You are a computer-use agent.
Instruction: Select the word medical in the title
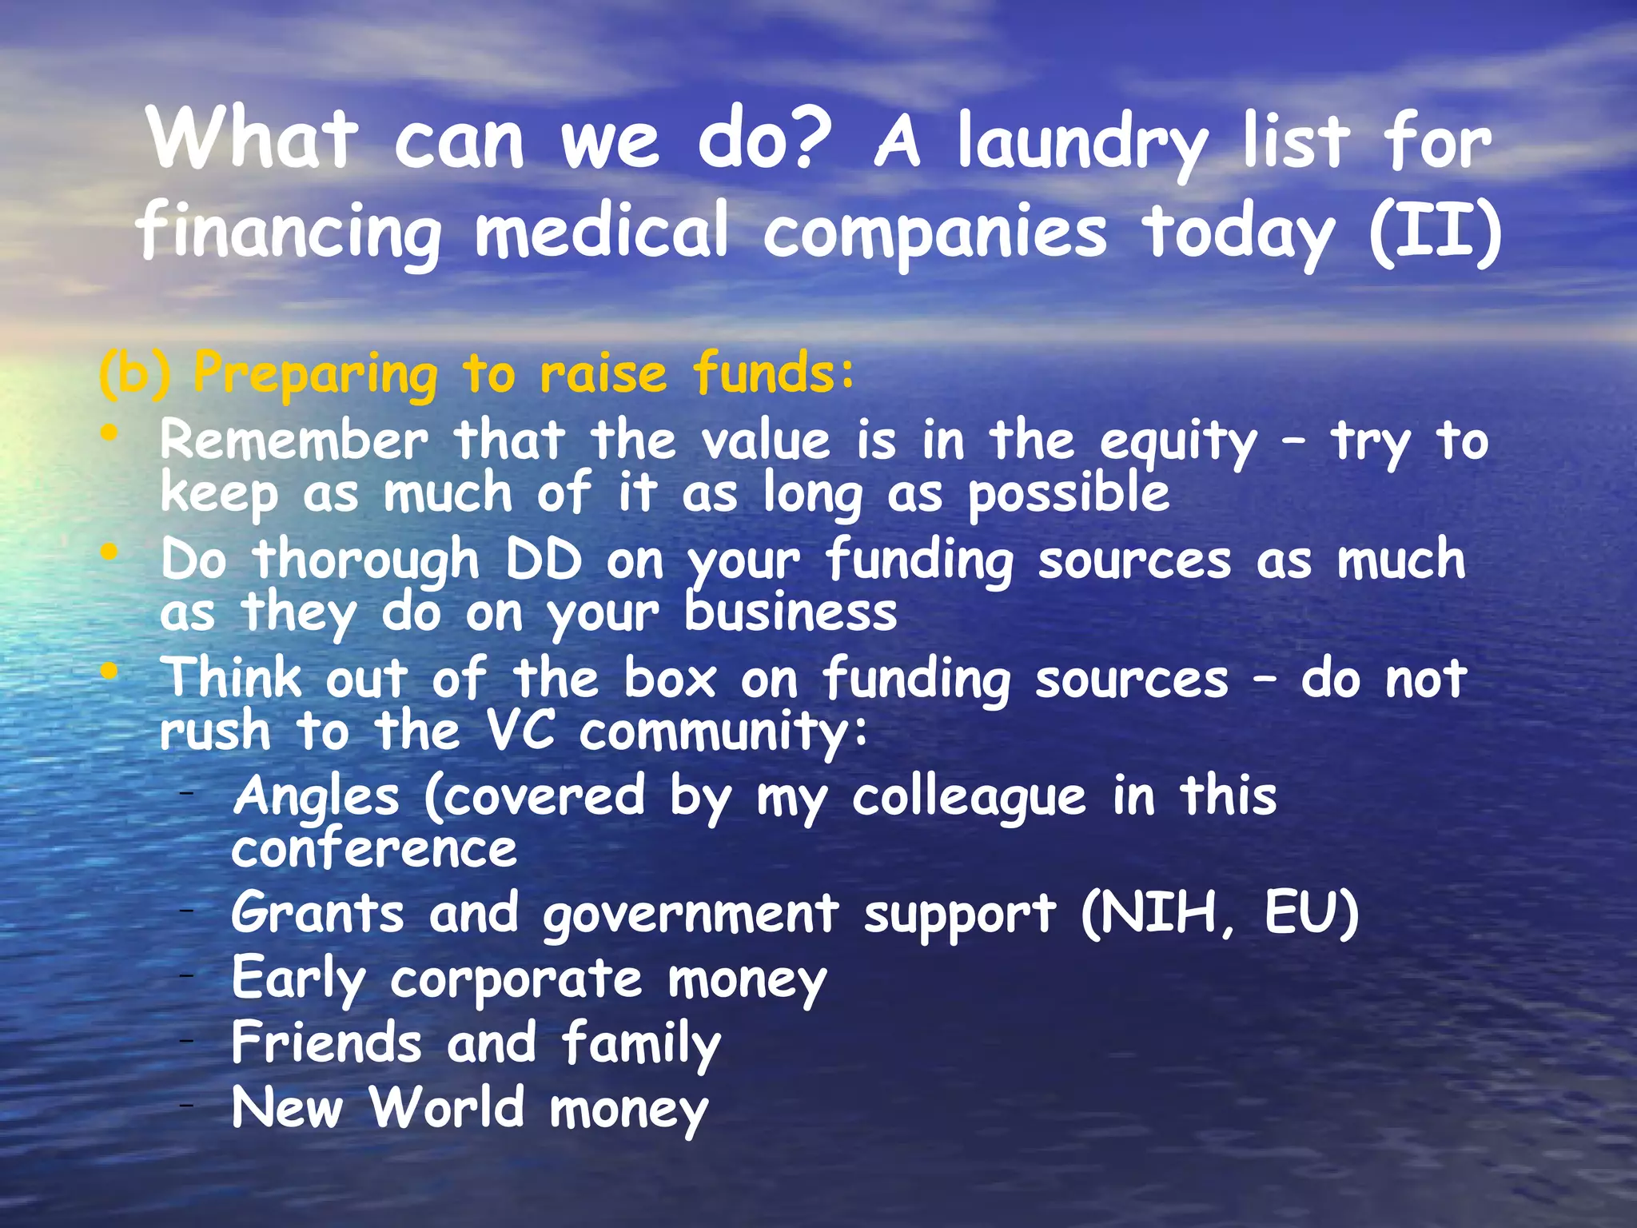point(601,233)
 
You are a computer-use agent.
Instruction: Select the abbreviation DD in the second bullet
point(544,560)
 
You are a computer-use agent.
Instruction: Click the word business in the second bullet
point(791,614)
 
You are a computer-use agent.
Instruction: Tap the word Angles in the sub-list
point(317,798)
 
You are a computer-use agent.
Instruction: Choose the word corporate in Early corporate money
point(516,980)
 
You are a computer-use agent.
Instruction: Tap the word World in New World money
point(447,1109)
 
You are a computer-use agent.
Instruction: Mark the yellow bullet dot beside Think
point(110,671)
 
